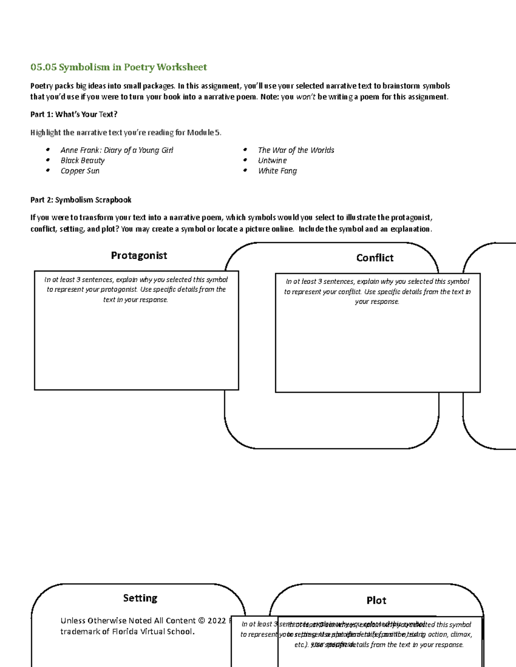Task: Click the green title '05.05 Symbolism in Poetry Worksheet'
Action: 119,67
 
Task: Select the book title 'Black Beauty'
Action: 83,160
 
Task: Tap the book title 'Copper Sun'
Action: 80,171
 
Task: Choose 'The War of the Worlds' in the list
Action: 296,150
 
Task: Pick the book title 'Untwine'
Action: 272,160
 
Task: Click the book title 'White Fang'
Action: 277,171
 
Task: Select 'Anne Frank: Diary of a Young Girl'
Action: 117,150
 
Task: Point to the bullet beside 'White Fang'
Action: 245,171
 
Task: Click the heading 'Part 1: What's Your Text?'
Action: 74,114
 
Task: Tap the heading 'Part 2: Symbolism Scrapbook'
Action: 81,200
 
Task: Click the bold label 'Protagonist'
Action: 139,256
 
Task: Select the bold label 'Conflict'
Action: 375,258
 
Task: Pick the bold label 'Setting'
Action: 140,598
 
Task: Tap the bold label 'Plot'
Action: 376,600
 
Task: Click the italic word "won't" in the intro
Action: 306,97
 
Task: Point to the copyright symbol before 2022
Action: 202,621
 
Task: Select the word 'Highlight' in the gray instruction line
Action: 46,132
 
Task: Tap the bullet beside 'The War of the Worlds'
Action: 245,150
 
